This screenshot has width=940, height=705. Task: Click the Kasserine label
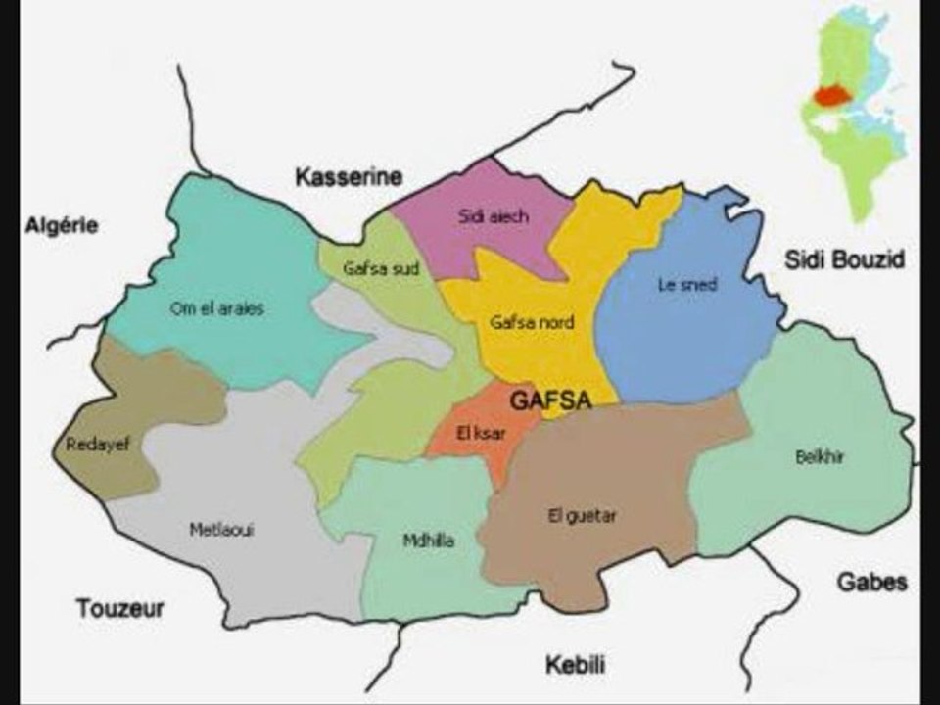(349, 177)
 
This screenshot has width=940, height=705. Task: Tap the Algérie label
(62, 225)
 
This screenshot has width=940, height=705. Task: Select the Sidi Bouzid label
(844, 259)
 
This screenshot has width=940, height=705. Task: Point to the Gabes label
(870, 582)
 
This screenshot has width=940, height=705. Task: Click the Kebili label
(575, 666)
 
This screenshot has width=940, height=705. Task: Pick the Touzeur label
(120, 608)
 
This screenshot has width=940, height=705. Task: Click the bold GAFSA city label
(550, 400)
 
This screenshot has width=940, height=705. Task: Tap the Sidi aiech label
(493, 216)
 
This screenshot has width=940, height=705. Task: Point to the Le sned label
(685, 285)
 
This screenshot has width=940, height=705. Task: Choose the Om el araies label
(217, 307)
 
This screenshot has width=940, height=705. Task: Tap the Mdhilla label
(429, 540)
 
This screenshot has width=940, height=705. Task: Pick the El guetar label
(582, 516)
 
